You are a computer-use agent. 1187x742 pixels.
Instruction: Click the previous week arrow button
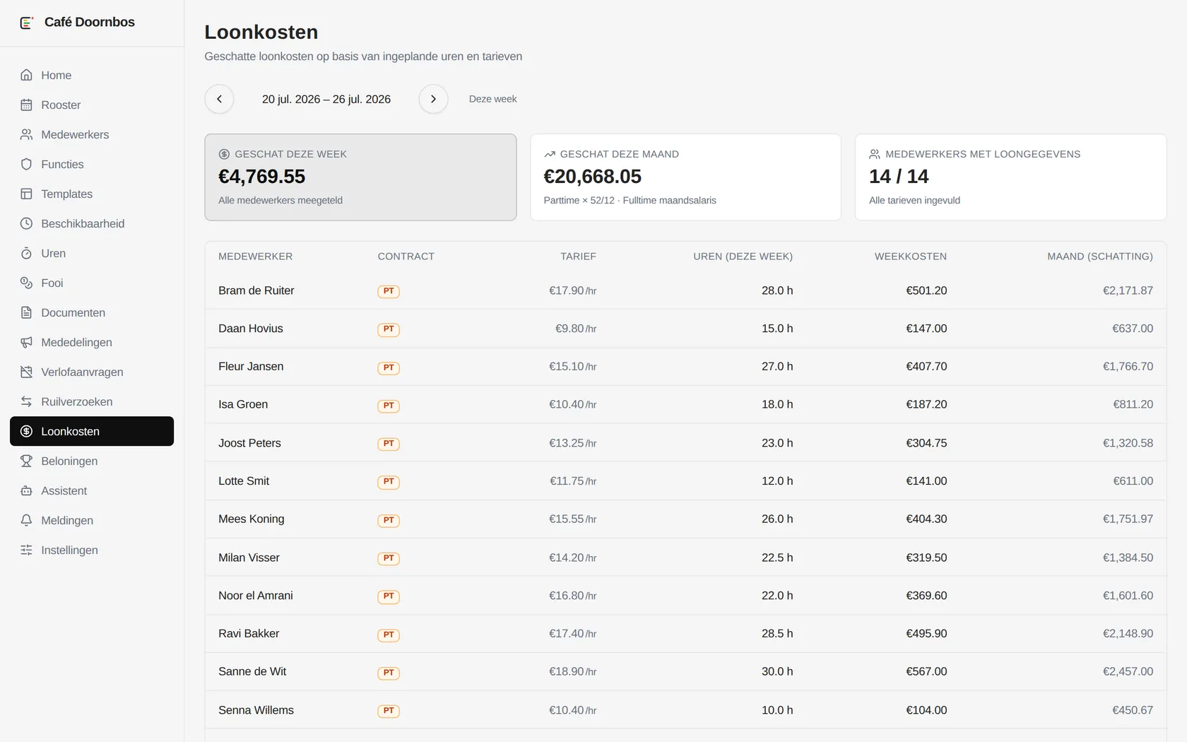(x=219, y=99)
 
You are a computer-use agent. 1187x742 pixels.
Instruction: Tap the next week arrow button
(x=434, y=99)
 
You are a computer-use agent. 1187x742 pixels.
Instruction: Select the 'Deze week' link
(x=493, y=99)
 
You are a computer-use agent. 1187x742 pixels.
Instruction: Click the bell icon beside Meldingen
(x=27, y=520)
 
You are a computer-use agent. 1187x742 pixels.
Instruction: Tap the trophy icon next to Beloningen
(x=27, y=461)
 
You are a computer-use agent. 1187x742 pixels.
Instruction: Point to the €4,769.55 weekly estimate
(x=261, y=177)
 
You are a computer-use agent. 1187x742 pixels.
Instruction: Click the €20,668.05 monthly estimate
(x=592, y=177)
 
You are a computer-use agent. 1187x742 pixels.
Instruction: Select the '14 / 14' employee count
(x=899, y=177)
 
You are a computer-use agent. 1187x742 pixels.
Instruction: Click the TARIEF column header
(x=578, y=257)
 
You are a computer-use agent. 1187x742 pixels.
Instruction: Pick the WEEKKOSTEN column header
(x=910, y=257)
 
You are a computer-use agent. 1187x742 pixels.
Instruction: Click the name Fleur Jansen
(x=251, y=366)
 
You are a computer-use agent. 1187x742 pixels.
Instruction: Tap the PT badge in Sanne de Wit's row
(x=389, y=673)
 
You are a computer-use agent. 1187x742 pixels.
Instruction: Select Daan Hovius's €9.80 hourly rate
(x=575, y=329)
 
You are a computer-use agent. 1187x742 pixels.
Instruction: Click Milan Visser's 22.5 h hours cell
(x=777, y=558)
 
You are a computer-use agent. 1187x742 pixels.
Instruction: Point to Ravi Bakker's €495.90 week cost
(x=926, y=633)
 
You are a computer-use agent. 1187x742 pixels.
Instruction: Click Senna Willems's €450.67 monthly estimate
(x=1133, y=710)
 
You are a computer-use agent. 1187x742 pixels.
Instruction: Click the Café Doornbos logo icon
(x=27, y=23)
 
